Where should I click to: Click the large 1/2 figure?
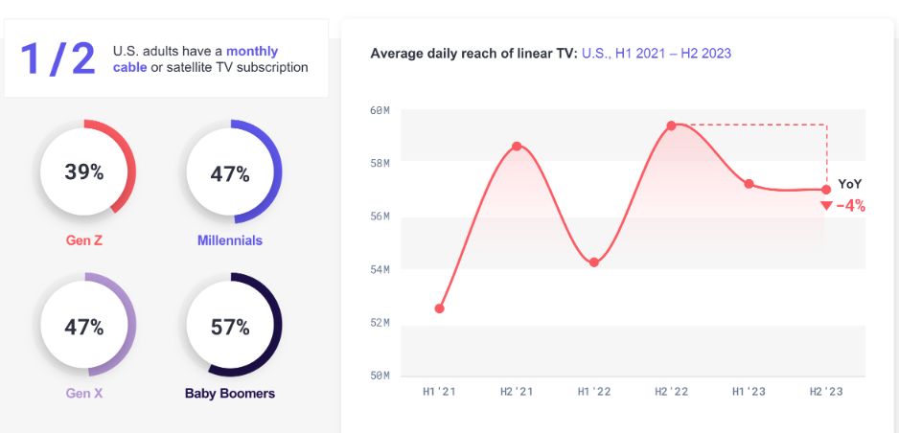58,59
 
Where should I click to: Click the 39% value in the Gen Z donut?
84,172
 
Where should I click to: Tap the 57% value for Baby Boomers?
230,328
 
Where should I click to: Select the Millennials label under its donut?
230,240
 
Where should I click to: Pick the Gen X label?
84,394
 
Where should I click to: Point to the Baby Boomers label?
230,394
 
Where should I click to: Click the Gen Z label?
84,240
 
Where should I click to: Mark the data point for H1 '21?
440,308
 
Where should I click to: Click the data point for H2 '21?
517,147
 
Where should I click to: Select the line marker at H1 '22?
594,262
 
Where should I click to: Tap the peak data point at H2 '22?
671,125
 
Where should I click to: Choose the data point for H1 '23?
749,184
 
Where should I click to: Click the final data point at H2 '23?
826,190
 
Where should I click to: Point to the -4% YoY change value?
851,205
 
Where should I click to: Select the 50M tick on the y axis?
380,376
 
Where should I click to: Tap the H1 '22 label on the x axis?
594,392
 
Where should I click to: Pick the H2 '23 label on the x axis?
826,392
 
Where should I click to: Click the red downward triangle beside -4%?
826,206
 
